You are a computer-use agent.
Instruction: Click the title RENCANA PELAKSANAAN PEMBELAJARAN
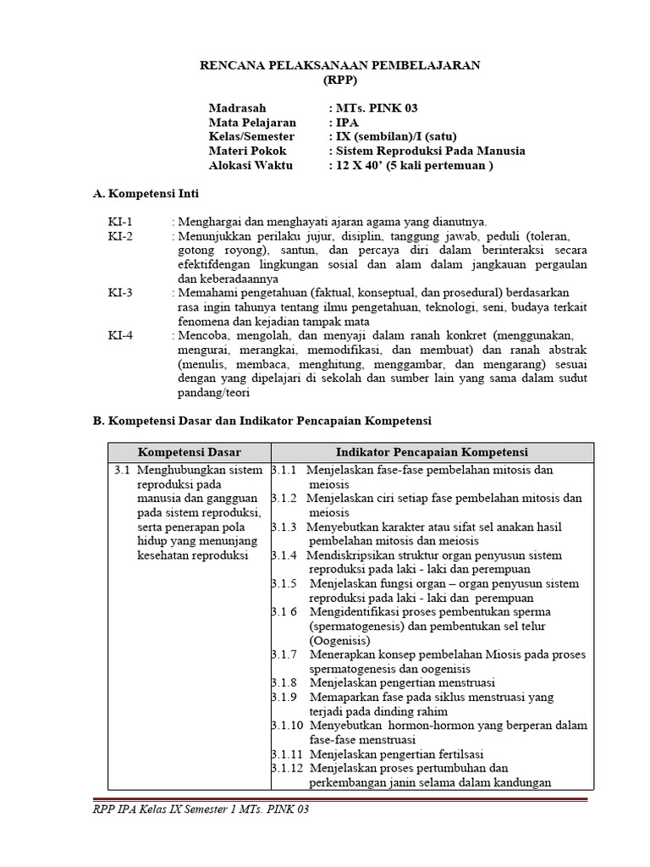[x=339, y=65]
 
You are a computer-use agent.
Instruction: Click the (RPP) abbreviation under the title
[x=340, y=80]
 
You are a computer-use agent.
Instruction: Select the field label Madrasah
[x=237, y=108]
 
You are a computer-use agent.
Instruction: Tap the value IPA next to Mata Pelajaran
[x=344, y=123]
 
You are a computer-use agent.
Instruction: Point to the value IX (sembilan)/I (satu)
[x=394, y=137]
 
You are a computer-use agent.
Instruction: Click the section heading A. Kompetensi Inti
[x=146, y=194]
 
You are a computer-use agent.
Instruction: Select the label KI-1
[x=120, y=222]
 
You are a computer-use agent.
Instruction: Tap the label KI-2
[x=120, y=236]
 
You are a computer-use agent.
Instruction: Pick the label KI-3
[x=120, y=293]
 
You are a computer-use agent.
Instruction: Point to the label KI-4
[x=120, y=335]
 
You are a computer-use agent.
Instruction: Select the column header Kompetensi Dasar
[x=190, y=452]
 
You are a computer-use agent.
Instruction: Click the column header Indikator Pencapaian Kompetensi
[x=432, y=452]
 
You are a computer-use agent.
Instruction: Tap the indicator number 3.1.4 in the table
[x=284, y=555]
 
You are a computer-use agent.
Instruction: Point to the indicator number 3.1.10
[x=288, y=726]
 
